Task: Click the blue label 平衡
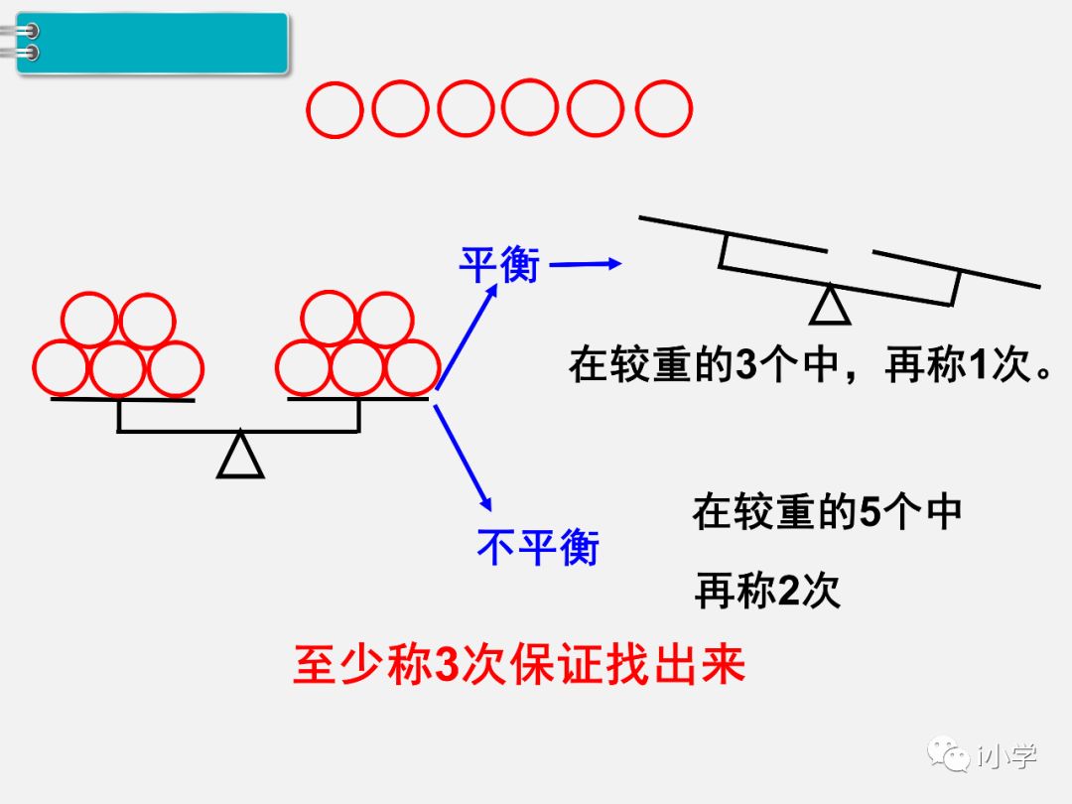tap(498, 265)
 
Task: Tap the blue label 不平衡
tap(538, 546)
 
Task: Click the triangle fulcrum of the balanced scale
tap(240, 455)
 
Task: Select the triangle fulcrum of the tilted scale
tap(830, 305)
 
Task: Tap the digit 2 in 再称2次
tap(789, 592)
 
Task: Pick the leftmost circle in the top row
tap(335, 110)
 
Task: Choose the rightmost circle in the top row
tap(663, 110)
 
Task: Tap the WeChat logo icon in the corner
tap(949, 755)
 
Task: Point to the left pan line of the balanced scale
tap(121, 399)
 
